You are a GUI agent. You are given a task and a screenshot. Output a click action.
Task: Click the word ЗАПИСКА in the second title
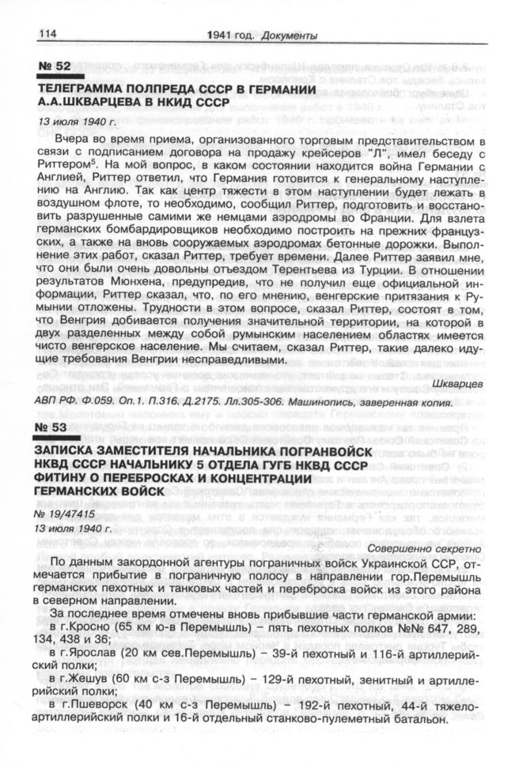(x=69, y=450)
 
